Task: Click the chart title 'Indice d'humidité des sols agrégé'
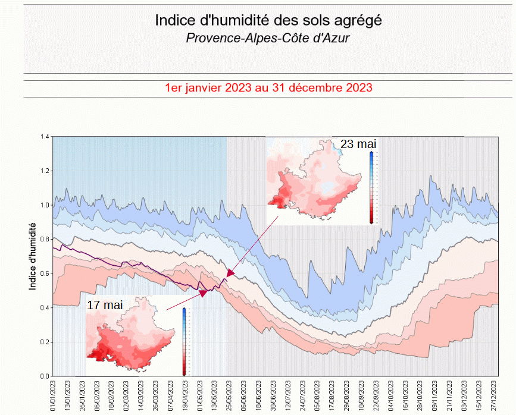click(268, 20)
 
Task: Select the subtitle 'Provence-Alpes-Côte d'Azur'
click(268, 38)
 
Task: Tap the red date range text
click(268, 88)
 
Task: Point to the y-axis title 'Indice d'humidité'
click(33, 256)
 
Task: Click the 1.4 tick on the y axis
click(45, 137)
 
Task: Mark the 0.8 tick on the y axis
click(45, 240)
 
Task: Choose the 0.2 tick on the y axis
click(45, 342)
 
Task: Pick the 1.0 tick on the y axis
click(45, 205)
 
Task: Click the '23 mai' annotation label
click(358, 144)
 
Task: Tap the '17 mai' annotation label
click(105, 304)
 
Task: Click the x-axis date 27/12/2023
click(495, 395)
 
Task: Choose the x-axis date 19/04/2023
click(185, 395)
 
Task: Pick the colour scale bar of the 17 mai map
click(184, 341)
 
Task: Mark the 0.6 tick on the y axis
click(45, 274)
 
